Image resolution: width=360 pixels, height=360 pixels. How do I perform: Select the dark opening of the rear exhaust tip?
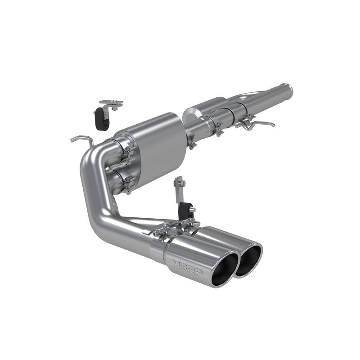point(248,261)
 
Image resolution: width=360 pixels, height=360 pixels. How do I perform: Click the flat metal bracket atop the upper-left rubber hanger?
point(111,104)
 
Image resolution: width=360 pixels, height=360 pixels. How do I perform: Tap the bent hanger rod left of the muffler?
point(81,138)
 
